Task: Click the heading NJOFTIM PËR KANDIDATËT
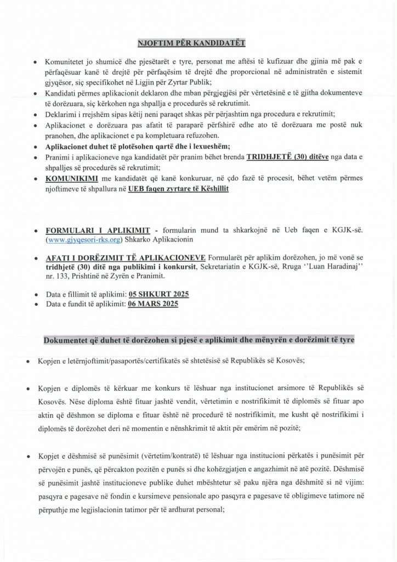(198, 42)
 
